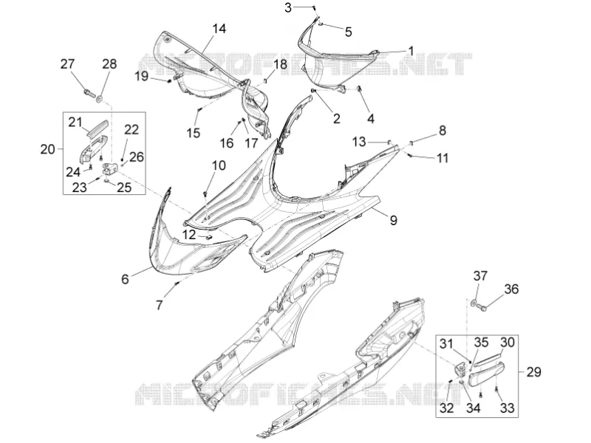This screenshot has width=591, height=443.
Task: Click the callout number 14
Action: point(219,29)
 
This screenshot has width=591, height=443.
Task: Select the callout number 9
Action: point(393,220)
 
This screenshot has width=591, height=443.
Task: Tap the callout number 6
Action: point(125,279)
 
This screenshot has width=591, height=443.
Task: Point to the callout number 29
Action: point(533,372)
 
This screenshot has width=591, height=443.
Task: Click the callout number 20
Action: point(47,150)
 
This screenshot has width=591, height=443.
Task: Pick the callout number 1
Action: point(411,51)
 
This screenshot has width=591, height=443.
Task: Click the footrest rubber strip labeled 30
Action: point(488,360)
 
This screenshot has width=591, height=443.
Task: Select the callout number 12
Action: point(189,235)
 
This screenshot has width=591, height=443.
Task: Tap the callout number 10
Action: point(219,165)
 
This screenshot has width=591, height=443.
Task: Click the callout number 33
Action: point(508,408)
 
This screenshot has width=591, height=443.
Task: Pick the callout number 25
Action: point(124,188)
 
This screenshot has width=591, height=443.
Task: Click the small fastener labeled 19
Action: point(170,80)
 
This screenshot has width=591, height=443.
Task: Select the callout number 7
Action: point(159,305)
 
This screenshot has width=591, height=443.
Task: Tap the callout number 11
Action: point(443,158)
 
